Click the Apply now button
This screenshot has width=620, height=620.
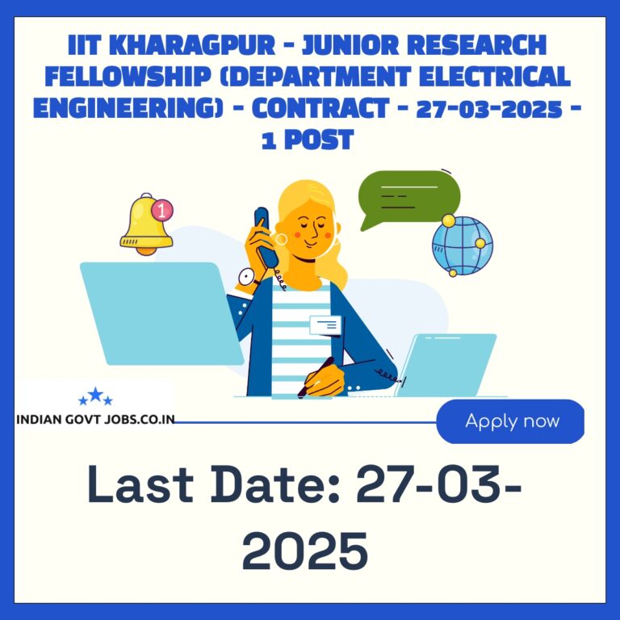(510, 421)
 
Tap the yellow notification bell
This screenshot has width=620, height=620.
(146, 225)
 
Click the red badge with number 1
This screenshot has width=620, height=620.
(162, 210)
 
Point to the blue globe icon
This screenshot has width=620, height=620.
(463, 245)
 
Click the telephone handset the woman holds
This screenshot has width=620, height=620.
(266, 237)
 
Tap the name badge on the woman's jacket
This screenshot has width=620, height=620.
(325, 325)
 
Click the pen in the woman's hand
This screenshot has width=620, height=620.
(316, 377)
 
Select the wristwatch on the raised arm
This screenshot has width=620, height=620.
(248, 278)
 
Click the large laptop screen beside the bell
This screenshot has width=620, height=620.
(161, 313)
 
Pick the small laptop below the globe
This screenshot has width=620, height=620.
(446, 365)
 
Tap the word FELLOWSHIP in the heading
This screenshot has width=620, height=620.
(128, 77)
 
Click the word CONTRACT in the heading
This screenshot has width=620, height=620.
(320, 108)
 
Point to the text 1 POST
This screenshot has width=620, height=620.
(308, 140)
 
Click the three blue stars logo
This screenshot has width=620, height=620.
(96, 396)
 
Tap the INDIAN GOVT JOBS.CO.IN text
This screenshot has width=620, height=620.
(96, 420)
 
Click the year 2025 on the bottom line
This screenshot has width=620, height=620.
(305, 551)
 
